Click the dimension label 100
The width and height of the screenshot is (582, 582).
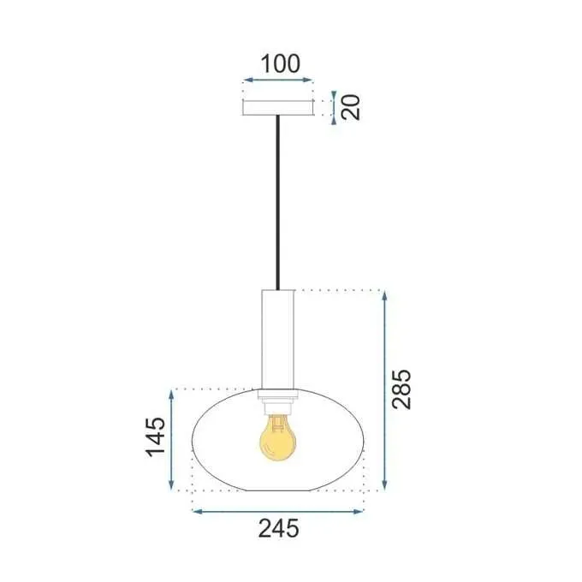[x=280, y=63]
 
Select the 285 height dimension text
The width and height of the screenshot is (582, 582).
[x=403, y=389]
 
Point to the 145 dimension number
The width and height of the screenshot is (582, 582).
[x=154, y=437]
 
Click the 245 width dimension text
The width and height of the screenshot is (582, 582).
[x=278, y=530]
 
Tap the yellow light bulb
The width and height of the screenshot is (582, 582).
[x=277, y=436]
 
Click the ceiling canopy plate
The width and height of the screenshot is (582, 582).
[x=278, y=108]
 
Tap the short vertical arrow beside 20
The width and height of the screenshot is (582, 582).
[x=334, y=107]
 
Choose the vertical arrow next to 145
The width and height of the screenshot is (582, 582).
[x=173, y=438]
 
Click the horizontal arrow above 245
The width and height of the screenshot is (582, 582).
[x=278, y=512]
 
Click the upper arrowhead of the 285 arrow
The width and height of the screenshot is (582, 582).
[x=385, y=296]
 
